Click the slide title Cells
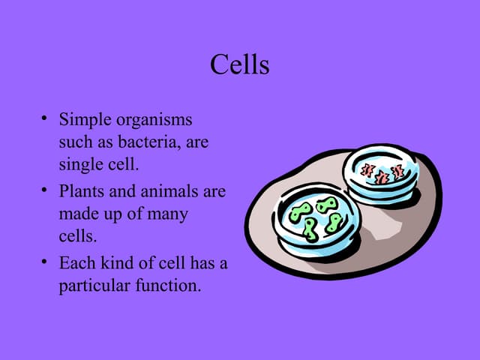pos(239,64)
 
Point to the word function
pos(169,286)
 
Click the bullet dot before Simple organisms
pos(45,119)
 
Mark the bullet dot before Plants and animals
pos(45,190)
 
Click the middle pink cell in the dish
pos(382,177)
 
